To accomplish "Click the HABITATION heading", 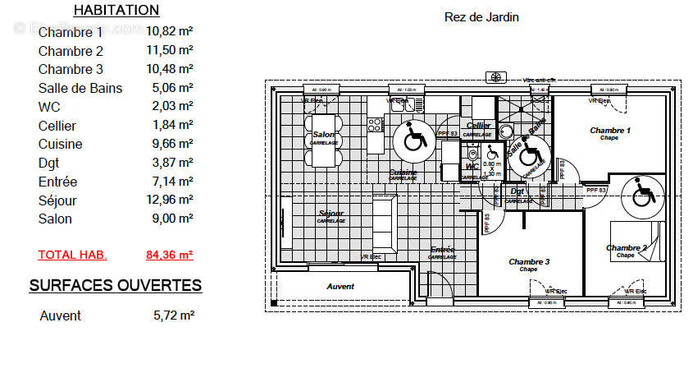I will [116, 11].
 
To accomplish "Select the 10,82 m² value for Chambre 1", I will [170, 32].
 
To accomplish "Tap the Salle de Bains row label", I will [80, 88].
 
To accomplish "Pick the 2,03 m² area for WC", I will [173, 107].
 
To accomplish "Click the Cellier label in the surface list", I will [57, 126].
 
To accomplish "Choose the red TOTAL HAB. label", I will [72, 255].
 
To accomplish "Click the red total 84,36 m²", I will [170, 255].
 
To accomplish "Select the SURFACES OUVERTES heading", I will [116, 286].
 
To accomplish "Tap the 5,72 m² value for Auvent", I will [174, 315].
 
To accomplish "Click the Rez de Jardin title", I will [481, 16].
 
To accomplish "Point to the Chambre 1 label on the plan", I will [610, 131].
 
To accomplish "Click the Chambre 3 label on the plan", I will [529, 262].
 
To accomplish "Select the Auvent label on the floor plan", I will [340, 287].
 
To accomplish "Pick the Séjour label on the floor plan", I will [331, 214].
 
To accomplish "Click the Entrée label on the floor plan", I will [442, 249].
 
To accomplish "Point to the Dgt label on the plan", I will [517, 191].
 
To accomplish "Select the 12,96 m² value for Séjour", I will [170, 200].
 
